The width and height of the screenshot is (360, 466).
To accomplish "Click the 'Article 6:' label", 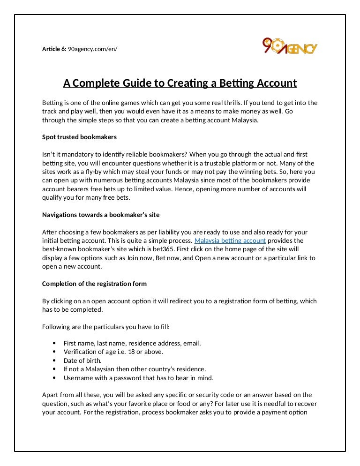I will tap(54, 49).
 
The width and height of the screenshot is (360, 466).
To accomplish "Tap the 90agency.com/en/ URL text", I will tap(92, 49).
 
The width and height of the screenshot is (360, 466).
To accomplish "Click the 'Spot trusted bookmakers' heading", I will tap(79, 137).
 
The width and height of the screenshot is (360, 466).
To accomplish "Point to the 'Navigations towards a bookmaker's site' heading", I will tap(101, 215).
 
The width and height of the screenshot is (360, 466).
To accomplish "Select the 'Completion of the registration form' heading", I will tap(94, 284).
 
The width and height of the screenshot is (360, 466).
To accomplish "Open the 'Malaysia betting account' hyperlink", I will tap(230, 241).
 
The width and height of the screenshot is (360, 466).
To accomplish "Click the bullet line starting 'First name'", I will tap(132, 343).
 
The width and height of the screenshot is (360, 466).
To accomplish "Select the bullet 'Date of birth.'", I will tap(82, 361).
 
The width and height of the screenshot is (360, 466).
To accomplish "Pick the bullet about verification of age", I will tap(113, 352).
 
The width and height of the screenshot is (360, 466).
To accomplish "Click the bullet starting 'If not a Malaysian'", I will tap(135, 369).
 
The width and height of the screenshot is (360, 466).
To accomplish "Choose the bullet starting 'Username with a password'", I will tap(138, 377).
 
